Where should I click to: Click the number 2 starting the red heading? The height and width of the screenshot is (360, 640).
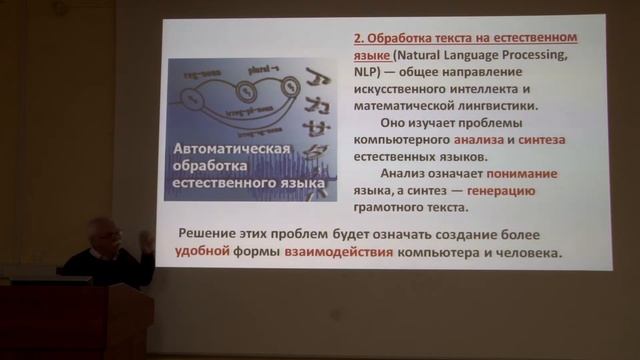point(357,37)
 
